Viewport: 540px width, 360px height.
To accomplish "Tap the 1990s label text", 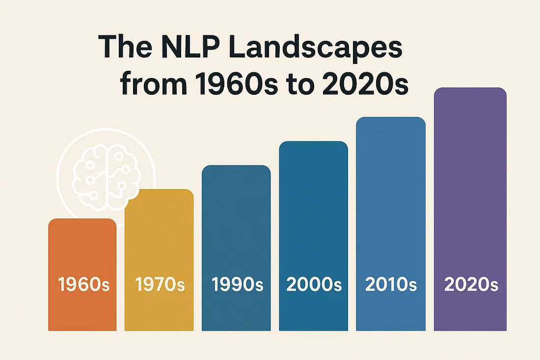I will pos(236,285).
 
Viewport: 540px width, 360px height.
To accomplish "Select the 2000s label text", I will pos(313,285).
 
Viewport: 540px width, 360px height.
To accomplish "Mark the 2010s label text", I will pos(391,284).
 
